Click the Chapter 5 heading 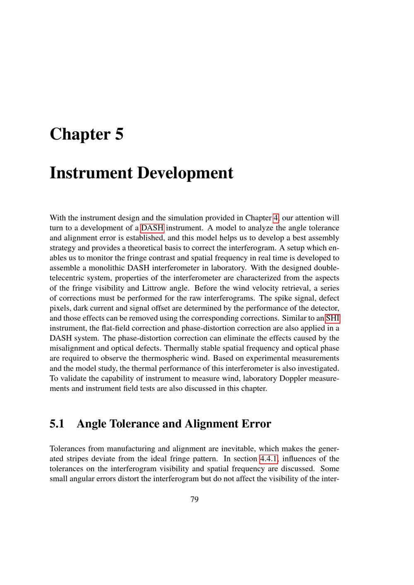coord(87,134)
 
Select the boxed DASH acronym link coord(152,228)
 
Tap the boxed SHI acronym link coord(332,318)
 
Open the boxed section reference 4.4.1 coord(269,459)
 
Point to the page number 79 coord(194,499)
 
